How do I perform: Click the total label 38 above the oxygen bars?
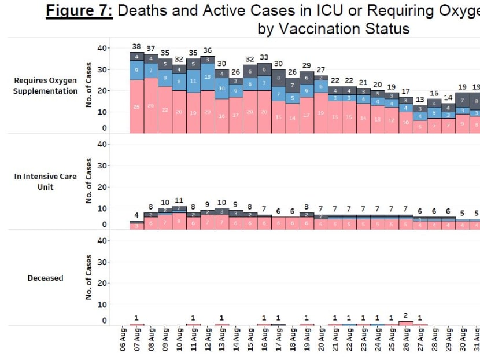click(x=137, y=46)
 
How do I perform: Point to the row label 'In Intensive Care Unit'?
click(x=46, y=181)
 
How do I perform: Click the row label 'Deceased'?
click(x=46, y=278)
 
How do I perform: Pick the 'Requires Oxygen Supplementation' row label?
click(x=46, y=86)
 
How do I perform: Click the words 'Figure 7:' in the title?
click(x=79, y=11)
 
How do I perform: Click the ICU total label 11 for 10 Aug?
click(x=179, y=201)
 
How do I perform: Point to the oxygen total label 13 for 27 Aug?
click(x=420, y=100)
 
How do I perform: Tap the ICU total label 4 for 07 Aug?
click(x=137, y=215)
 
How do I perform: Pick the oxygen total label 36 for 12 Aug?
click(x=208, y=50)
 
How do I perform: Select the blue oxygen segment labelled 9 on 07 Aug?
click(x=137, y=70)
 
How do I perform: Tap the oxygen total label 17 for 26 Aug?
click(x=406, y=91)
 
